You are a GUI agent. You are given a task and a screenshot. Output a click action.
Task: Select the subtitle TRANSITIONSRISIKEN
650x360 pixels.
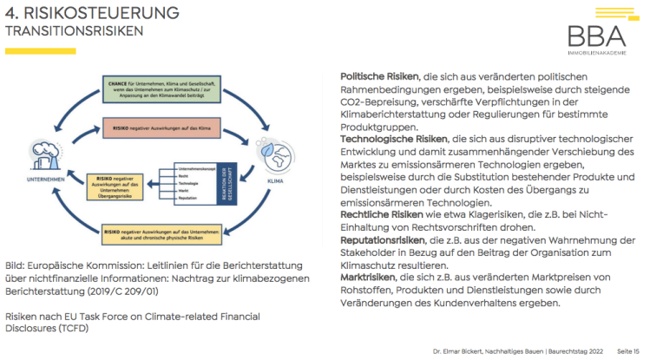tap(75, 31)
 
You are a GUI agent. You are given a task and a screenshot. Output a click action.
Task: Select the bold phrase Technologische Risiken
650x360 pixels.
tap(393, 139)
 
